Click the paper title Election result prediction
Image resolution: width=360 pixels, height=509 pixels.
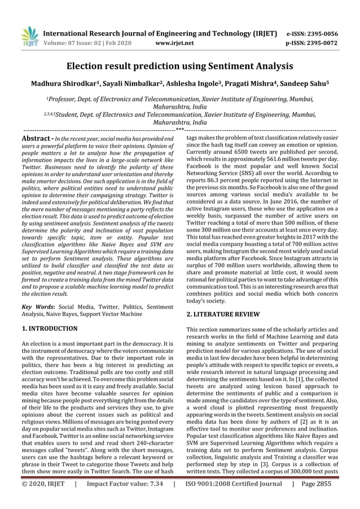[x=179, y=66]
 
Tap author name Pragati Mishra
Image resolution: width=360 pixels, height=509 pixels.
[x=249, y=84]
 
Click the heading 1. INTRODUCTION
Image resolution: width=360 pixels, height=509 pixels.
[x=50, y=328]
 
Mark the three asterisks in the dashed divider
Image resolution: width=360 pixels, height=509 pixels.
[x=179, y=130]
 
